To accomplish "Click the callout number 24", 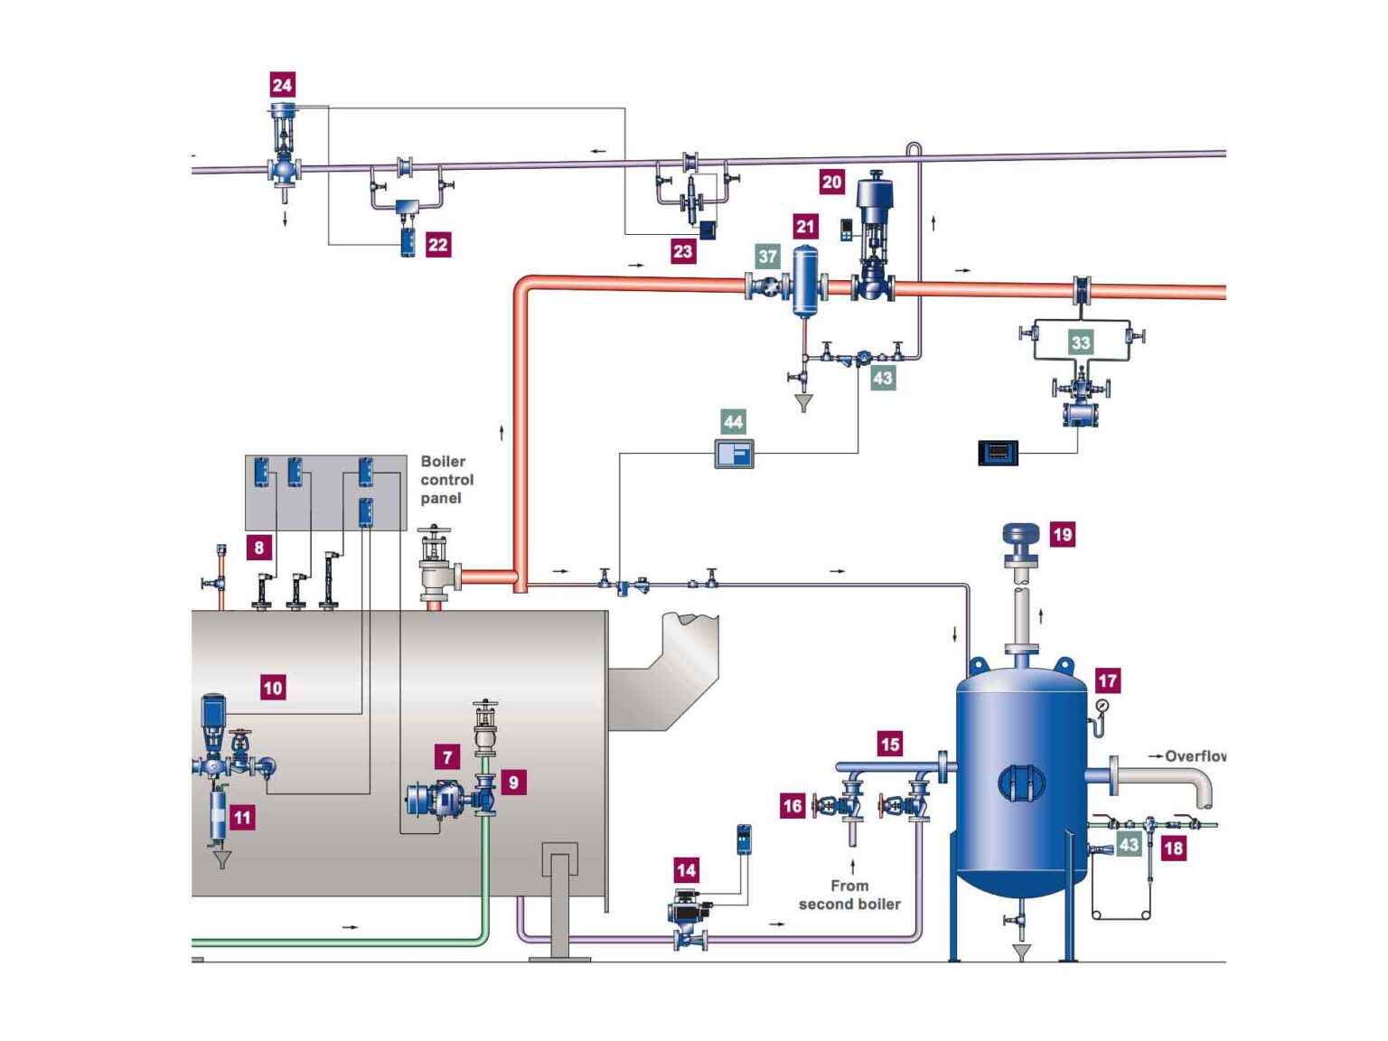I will tap(282, 85).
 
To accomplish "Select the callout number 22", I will tap(437, 244).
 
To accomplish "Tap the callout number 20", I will tap(831, 182).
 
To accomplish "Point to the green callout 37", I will tap(767, 257).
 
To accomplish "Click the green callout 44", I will tap(733, 421).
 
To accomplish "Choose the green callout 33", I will tap(1080, 342).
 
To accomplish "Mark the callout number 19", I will tap(1062, 534).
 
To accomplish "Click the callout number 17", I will tap(1107, 680).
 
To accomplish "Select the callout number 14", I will tap(686, 870).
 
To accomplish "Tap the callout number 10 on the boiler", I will tap(272, 688).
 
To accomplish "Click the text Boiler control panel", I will tap(446, 480).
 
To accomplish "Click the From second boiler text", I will tap(849, 895).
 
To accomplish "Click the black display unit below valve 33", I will tap(998, 451).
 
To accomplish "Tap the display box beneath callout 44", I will tap(734, 454).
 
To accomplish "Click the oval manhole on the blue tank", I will tap(1021, 783).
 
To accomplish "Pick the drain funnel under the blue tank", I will tap(1021, 952).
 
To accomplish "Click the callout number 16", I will tap(792, 805).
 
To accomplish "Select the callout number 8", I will tap(258, 547).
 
